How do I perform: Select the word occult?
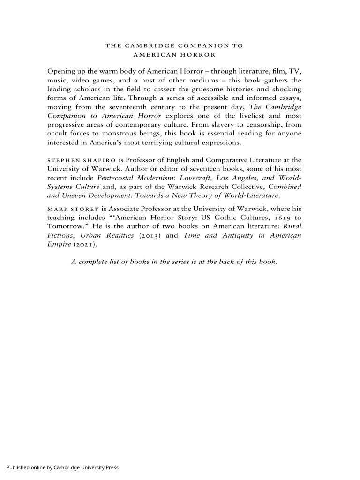point(58,134)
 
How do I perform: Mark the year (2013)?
point(151,235)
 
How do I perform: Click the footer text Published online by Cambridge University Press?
point(62,467)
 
